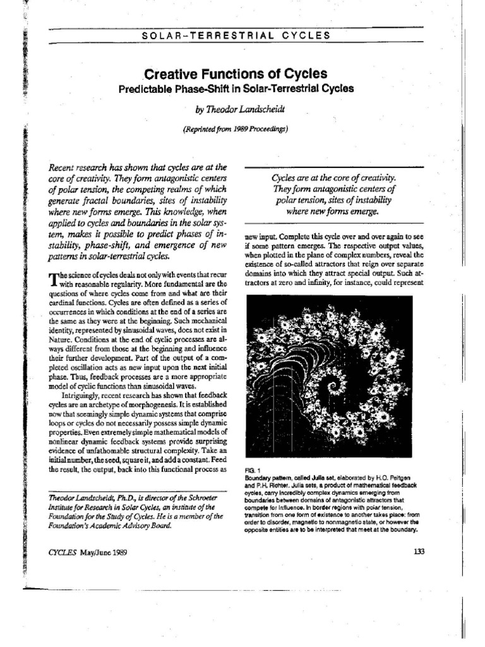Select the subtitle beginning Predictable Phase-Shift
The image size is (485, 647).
coord(236,88)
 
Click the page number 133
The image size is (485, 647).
coord(419,551)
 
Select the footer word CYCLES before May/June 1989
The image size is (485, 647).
coord(62,552)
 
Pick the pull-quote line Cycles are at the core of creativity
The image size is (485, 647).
coord(335,178)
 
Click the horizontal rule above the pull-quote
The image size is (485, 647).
coord(334,167)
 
